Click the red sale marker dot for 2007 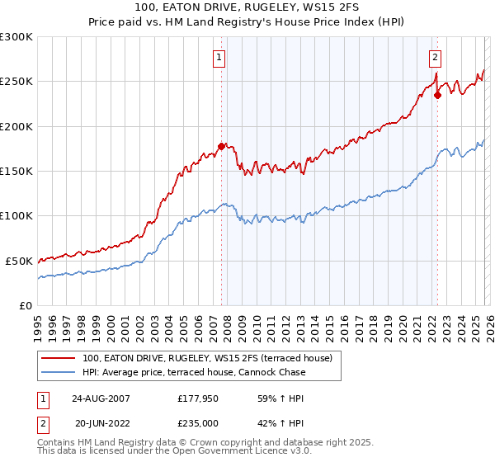(221, 147)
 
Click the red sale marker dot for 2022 (437, 95)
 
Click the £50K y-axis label (20, 261)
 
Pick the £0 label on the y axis (26, 305)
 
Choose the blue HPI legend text (194, 372)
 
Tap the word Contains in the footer (56, 444)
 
